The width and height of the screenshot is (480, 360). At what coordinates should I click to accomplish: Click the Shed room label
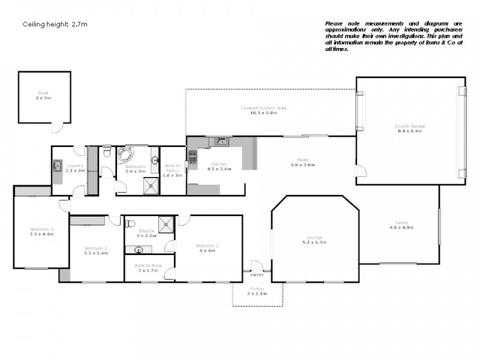coord(43,93)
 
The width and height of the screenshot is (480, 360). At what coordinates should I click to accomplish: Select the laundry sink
coord(58,165)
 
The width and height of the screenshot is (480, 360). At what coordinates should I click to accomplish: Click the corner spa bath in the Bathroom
coord(127,155)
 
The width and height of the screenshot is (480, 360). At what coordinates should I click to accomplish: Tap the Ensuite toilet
coord(130,224)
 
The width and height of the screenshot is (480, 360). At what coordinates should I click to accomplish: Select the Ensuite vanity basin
coord(139,250)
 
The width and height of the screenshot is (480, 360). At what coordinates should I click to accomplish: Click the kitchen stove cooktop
coord(193,157)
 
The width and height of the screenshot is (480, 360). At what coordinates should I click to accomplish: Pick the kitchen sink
coord(221,142)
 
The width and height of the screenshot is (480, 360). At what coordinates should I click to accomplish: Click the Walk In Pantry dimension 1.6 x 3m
coord(172,175)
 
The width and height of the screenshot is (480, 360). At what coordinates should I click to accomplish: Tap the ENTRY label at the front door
coord(257,275)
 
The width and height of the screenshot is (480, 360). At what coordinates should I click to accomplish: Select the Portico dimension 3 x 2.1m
coord(257,294)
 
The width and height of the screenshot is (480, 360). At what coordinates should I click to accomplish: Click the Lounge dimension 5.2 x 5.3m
coord(315,243)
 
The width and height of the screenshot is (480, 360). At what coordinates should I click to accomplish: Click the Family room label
coord(402,222)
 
